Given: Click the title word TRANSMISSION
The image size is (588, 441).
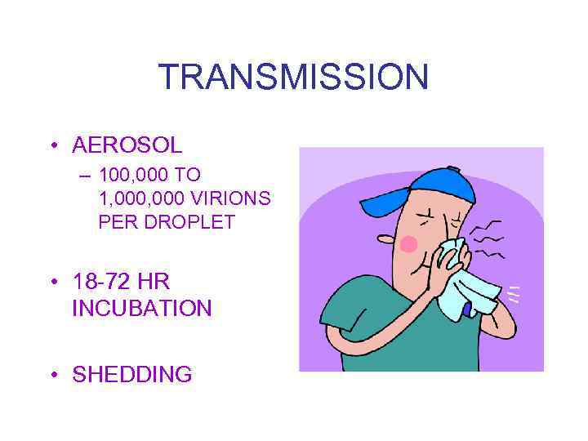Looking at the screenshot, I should [x=293, y=78].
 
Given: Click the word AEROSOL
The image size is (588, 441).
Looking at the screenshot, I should [x=127, y=145].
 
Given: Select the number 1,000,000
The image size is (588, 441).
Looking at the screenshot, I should [x=140, y=198].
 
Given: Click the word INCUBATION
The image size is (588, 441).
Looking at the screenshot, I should [x=141, y=309].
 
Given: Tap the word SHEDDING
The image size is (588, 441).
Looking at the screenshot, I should [x=132, y=375].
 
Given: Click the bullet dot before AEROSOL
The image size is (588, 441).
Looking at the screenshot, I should [x=53, y=146].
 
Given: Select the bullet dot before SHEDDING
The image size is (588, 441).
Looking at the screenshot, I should [x=53, y=376].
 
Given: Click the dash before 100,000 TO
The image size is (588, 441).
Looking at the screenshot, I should [x=82, y=174].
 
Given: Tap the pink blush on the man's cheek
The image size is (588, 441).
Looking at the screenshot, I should [x=408, y=243].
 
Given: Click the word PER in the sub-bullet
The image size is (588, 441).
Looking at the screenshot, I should [x=115, y=221].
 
